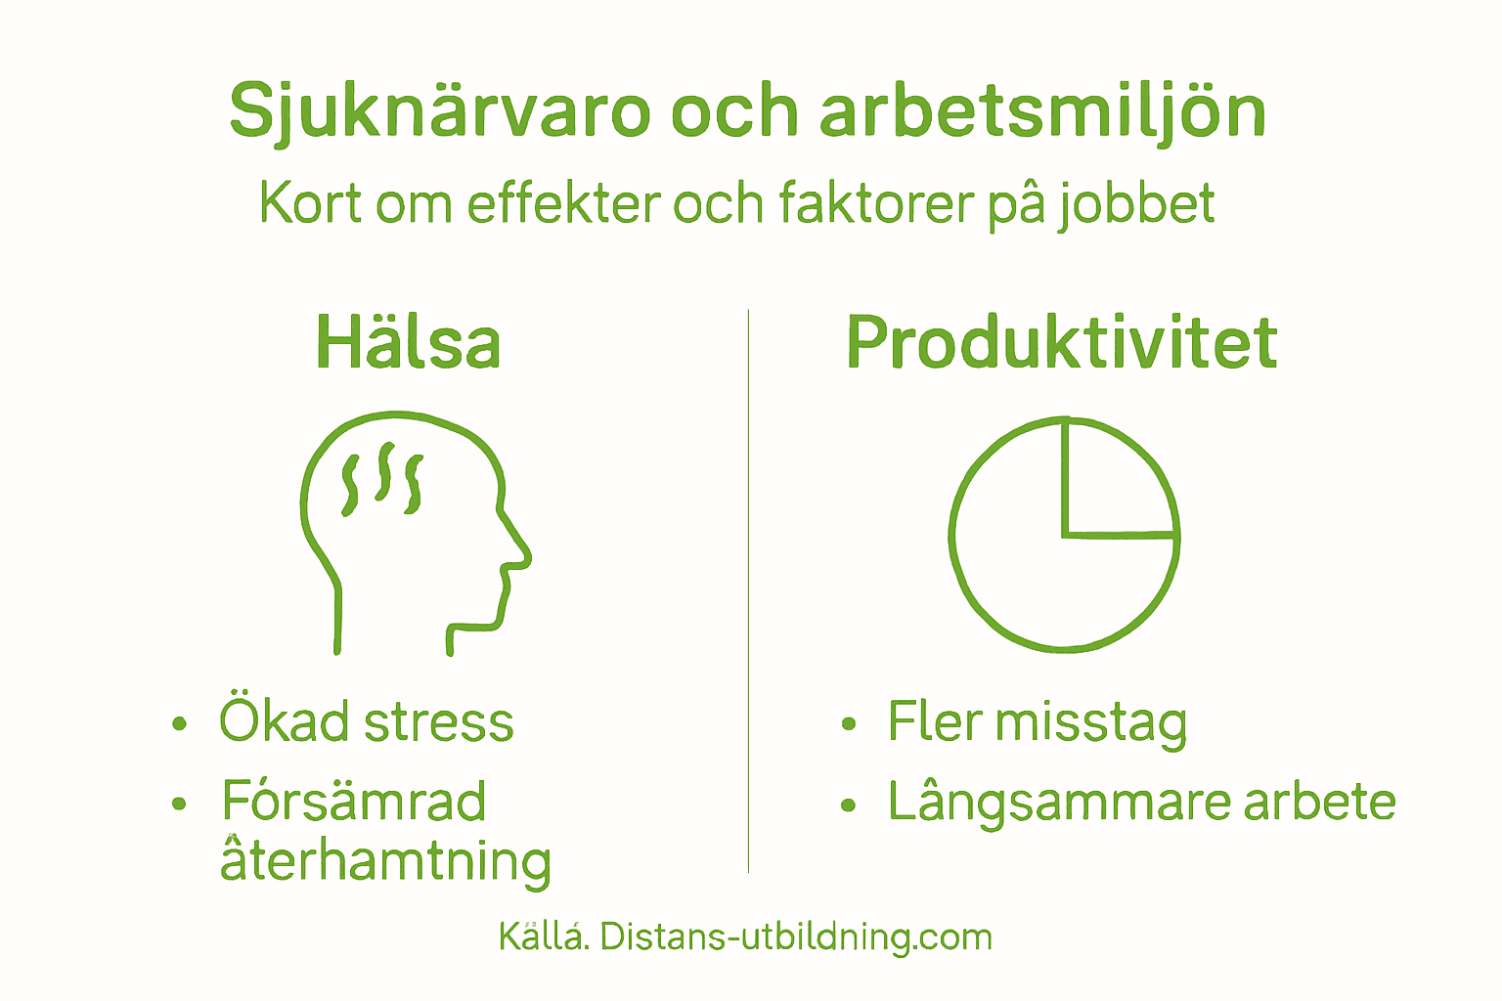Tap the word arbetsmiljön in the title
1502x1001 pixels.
(x=1042, y=110)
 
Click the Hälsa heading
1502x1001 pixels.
(x=408, y=343)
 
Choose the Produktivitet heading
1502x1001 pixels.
(x=1061, y=343)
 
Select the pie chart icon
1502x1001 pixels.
(x=1064, y=535)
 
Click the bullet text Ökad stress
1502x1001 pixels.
(x=366, y=722)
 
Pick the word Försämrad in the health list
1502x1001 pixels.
(x=353, y=802)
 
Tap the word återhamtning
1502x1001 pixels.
(x=385, y=861)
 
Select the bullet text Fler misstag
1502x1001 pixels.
(x=1037, y=722)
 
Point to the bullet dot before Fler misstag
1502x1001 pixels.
(x=848, y=724)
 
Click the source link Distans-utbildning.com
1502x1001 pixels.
(x=796, y=936)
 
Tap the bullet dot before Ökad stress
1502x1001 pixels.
(x=178, y=724)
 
